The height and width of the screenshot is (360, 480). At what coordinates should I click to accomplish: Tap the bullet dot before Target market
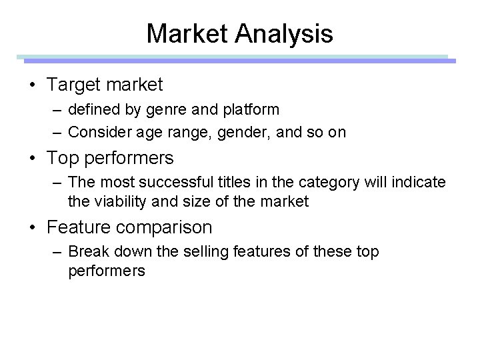click(x=33, y=85)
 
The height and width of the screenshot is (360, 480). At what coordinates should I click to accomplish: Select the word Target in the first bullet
click(x=72, y=85)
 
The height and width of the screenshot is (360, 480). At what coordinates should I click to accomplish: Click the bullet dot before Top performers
click(x=33, y=158)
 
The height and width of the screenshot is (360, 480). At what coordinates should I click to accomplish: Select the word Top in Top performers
click(x=61, y=158)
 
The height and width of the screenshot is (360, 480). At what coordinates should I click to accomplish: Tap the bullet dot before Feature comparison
click(x=33, y=227)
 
